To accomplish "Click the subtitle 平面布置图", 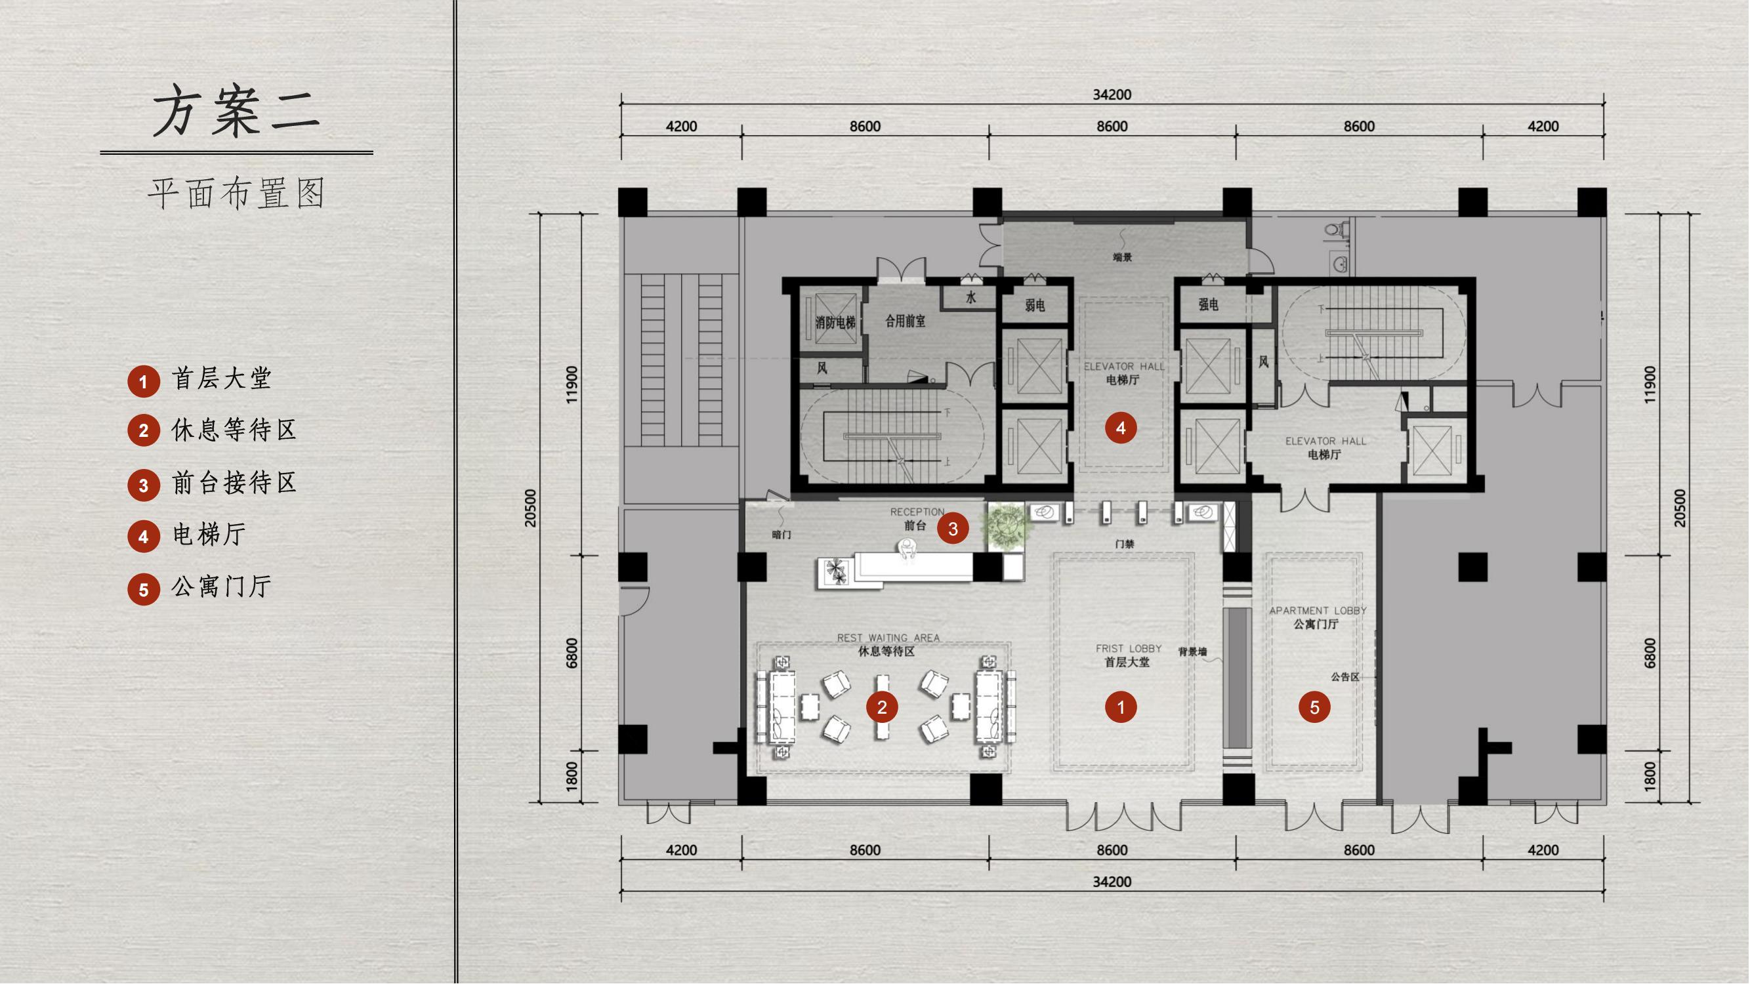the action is point(236,194).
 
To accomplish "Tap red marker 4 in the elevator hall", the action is point(1121,428).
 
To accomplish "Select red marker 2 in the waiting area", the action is point(882,708).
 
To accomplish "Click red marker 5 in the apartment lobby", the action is point(1314,708).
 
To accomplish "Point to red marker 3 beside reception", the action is point(953,528).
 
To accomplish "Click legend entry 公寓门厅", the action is point(222,586).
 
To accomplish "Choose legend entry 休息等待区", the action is point(234,430).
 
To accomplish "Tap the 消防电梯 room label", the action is point(835,323).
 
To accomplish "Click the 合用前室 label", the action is point(905,321).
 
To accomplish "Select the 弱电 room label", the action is point(1035,306).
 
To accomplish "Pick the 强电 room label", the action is point(1208,305).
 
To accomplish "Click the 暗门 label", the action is point(781,535).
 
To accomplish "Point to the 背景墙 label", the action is point(1192,652).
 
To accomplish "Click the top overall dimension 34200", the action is point(1112,95).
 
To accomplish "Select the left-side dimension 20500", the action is point(531,508).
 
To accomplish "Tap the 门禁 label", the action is point(1124,544).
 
